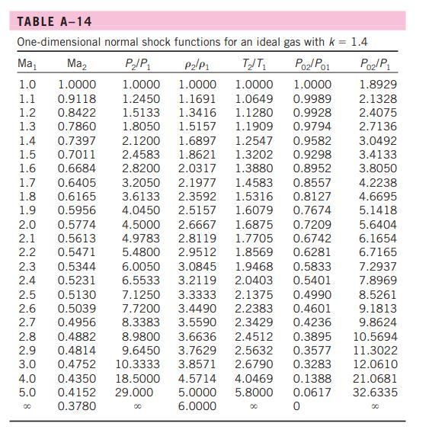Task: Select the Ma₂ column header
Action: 77,63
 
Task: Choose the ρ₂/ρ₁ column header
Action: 196,63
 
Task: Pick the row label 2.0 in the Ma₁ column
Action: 27,224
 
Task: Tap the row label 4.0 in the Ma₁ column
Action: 27,378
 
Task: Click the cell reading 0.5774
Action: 77,224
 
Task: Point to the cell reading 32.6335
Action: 377,393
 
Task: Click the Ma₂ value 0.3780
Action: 77,406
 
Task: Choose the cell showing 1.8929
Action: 377,85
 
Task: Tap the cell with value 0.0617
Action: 312,393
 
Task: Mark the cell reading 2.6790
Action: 254,364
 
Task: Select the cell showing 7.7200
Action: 140,308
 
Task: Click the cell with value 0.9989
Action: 312,98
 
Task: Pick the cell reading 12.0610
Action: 377,364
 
